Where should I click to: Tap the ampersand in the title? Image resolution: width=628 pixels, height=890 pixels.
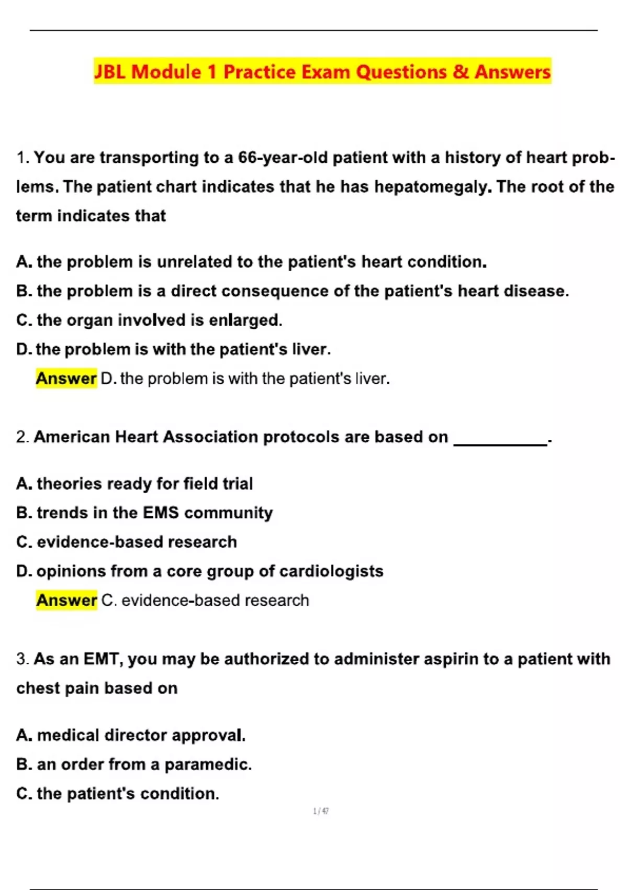pyautogui.click(x=461, y=72)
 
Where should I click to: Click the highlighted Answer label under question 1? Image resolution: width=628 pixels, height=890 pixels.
pyautogui.click(x=66, y=378)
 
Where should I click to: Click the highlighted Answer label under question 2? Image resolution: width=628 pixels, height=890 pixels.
pyautogui.click(x=66, y=600)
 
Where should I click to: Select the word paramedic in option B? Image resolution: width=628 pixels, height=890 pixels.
pyautogui.click(x=208, y=764)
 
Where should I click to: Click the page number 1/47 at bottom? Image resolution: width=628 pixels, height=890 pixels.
pyautogui.click(x=321, y=811)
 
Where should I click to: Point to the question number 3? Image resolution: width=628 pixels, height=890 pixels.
pyautogui.click(x=21, y=659)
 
